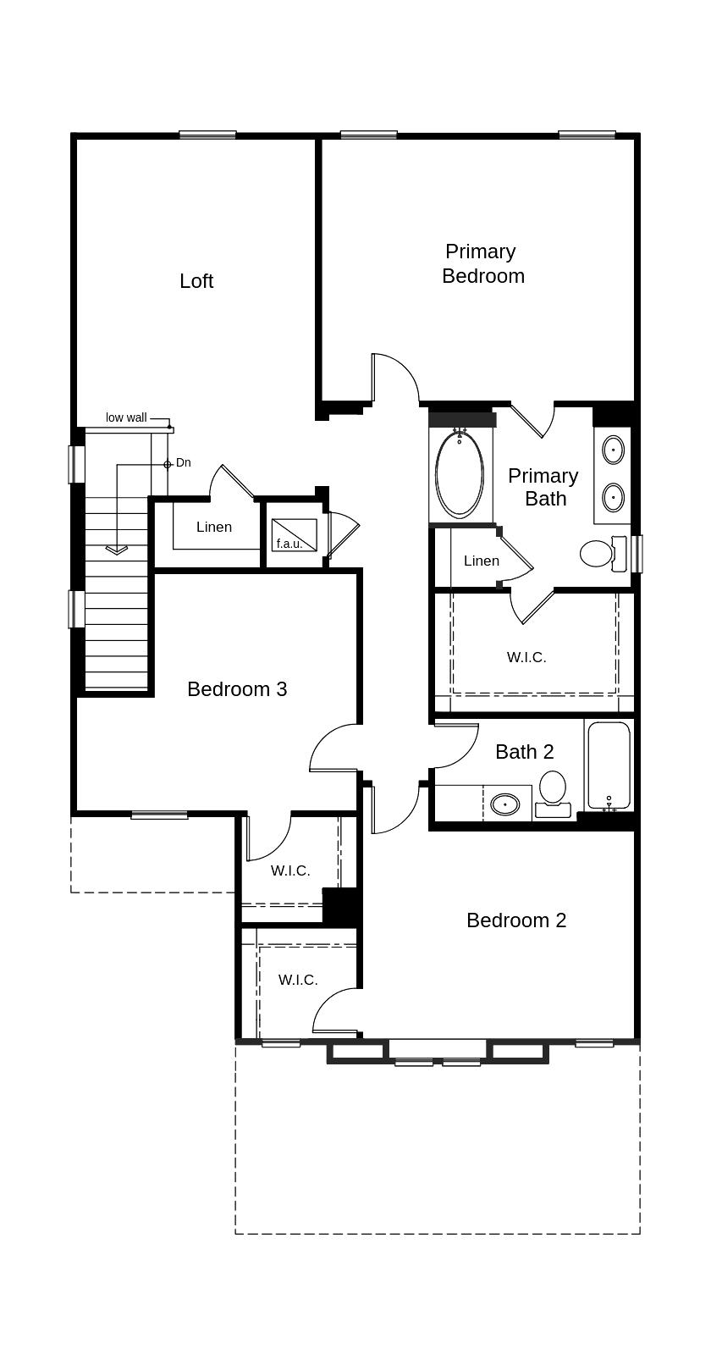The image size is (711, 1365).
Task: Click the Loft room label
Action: click(196, 281)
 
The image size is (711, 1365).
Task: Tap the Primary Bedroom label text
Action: click(482, 263)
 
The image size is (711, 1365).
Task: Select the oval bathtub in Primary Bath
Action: click(460, 475)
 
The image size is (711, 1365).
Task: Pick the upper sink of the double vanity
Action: click(614, 449)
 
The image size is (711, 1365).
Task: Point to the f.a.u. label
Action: click(289, 544)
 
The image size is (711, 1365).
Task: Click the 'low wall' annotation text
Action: click(126, 417)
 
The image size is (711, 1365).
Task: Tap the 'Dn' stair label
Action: click(183, 463)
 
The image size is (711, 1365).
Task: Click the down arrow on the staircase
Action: click(116, 549)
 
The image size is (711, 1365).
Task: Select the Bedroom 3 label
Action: click(237, 689)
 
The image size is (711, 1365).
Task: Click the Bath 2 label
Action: click(524, 752)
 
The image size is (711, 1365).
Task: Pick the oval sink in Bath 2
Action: click(505, 804)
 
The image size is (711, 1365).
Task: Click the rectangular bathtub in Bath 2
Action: click(609, 765)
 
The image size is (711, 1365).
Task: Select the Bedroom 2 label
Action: click(516, 920)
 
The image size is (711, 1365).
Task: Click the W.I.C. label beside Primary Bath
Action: click(526, 657)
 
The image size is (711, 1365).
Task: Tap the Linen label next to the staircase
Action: click(214, 528)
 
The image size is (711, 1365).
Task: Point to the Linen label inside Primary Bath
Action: click(482, 561)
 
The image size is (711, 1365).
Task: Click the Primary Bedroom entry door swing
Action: click(394, 379)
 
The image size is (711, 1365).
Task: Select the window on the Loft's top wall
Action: click(207, 135)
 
